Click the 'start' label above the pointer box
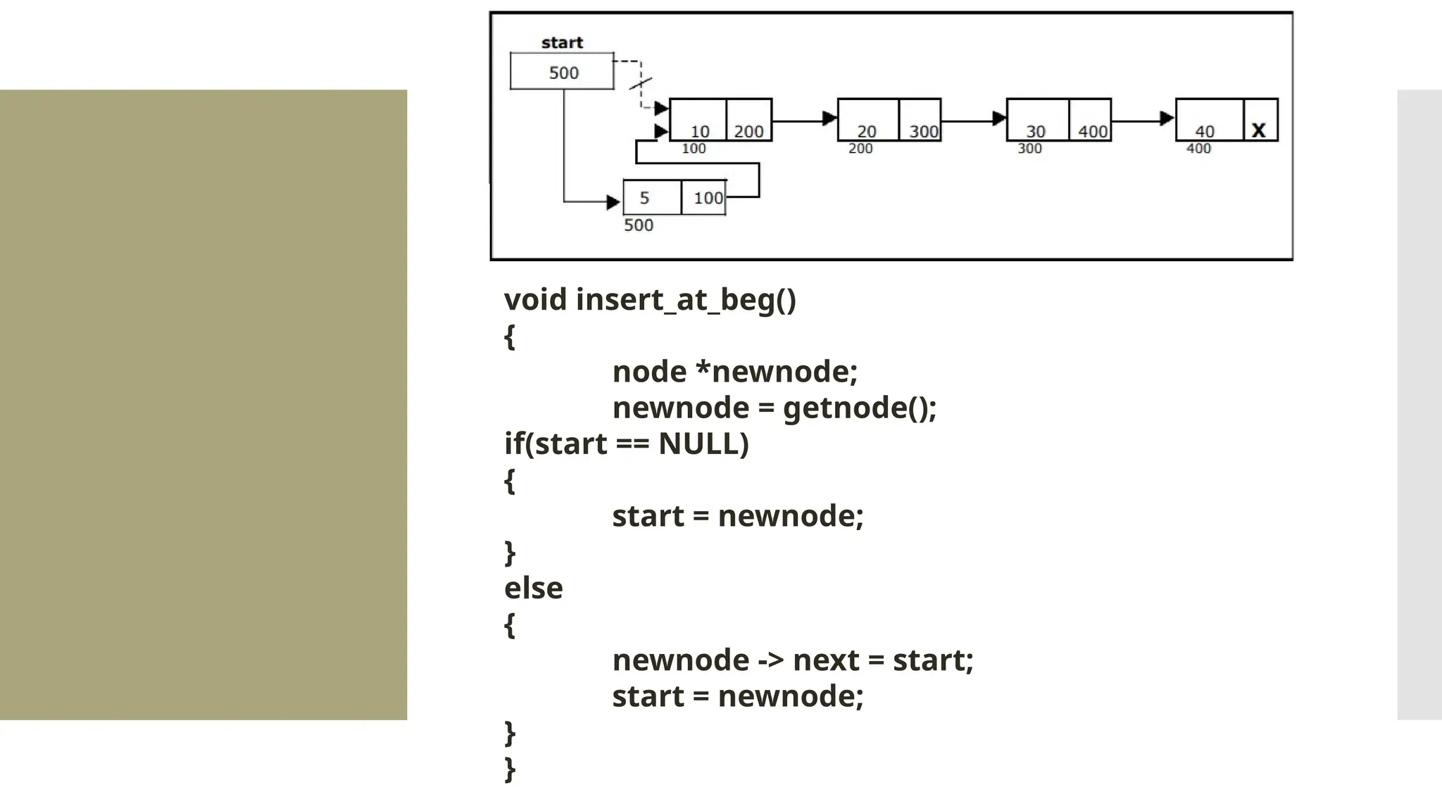click(x=562, y=43)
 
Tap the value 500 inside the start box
click(x=563, y=73)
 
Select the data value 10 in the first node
click(x=700, y=131)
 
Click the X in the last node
click(x=1259, y=130)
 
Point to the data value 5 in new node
click(x=644, y=198)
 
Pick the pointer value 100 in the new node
click(x=708, y=198)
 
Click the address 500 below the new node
click(x=639, y=225)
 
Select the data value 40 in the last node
click(x=1205, y=131)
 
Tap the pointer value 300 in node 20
click(x=923, y=131)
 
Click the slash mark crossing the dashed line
click(x=640, y=84)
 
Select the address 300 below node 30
click(x=1029, y=149)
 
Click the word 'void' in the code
click(x=535, y=300)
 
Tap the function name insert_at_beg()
click(x=686, y=300)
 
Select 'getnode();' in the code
click(x=860, y=408)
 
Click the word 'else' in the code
click(x=533, y=589)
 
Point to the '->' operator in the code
click(x=770, y=661)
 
